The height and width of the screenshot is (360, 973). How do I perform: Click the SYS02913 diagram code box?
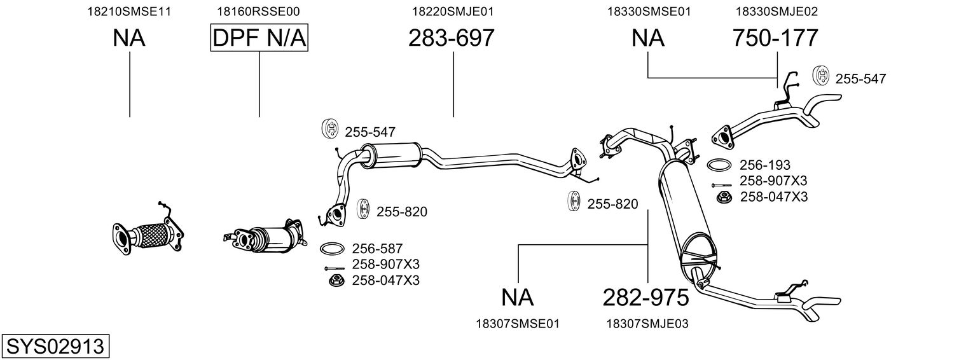55,347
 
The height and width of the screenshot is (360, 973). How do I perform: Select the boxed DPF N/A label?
259,38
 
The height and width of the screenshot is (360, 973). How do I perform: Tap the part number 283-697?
451,38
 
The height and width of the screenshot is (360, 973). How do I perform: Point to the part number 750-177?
775,38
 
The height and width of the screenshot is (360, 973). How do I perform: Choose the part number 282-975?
646,297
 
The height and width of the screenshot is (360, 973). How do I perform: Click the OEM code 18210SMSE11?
129,11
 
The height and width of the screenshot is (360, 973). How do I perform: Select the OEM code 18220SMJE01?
453,11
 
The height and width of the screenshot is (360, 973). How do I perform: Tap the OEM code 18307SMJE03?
648,324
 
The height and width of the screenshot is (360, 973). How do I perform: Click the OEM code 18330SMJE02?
776,11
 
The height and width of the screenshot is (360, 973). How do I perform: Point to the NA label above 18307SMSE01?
517,297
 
